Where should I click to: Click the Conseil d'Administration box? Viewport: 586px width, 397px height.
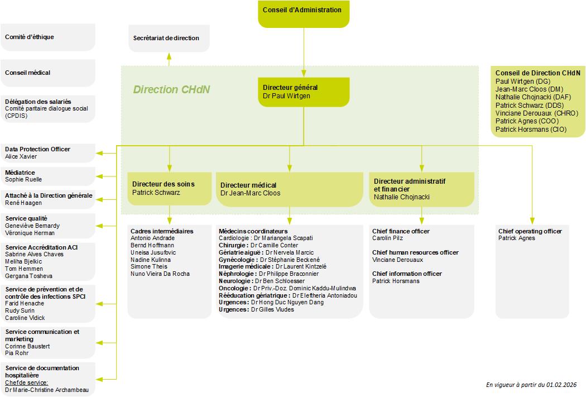(303, 13)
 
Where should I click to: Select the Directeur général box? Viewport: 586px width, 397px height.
(303, 92)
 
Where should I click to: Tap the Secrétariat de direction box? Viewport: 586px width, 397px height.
(166, 38)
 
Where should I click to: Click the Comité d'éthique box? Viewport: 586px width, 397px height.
(48, 37)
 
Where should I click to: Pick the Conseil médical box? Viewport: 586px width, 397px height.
(48, 73)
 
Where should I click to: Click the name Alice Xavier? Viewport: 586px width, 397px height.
(21, 156)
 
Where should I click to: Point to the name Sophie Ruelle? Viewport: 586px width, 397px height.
(23, 180)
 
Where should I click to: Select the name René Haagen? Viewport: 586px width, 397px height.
(23, 203)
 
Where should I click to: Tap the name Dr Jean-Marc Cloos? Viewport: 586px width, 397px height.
(250, 193)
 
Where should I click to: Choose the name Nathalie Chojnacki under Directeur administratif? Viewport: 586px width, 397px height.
(402, 197)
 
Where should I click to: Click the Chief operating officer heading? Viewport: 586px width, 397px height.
(530, 231)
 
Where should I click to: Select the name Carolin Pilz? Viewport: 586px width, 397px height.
(387, 238)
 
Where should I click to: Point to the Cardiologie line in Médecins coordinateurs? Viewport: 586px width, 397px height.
(266, 238)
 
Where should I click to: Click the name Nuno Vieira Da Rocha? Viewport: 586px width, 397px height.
(160, 274)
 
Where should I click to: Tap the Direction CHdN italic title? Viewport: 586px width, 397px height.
(171, 89)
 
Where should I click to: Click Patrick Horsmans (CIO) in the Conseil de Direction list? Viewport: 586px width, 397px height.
(531, 130)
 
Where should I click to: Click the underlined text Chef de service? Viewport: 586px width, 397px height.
(26, 383)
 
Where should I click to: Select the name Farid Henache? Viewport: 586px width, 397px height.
(25, 303)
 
